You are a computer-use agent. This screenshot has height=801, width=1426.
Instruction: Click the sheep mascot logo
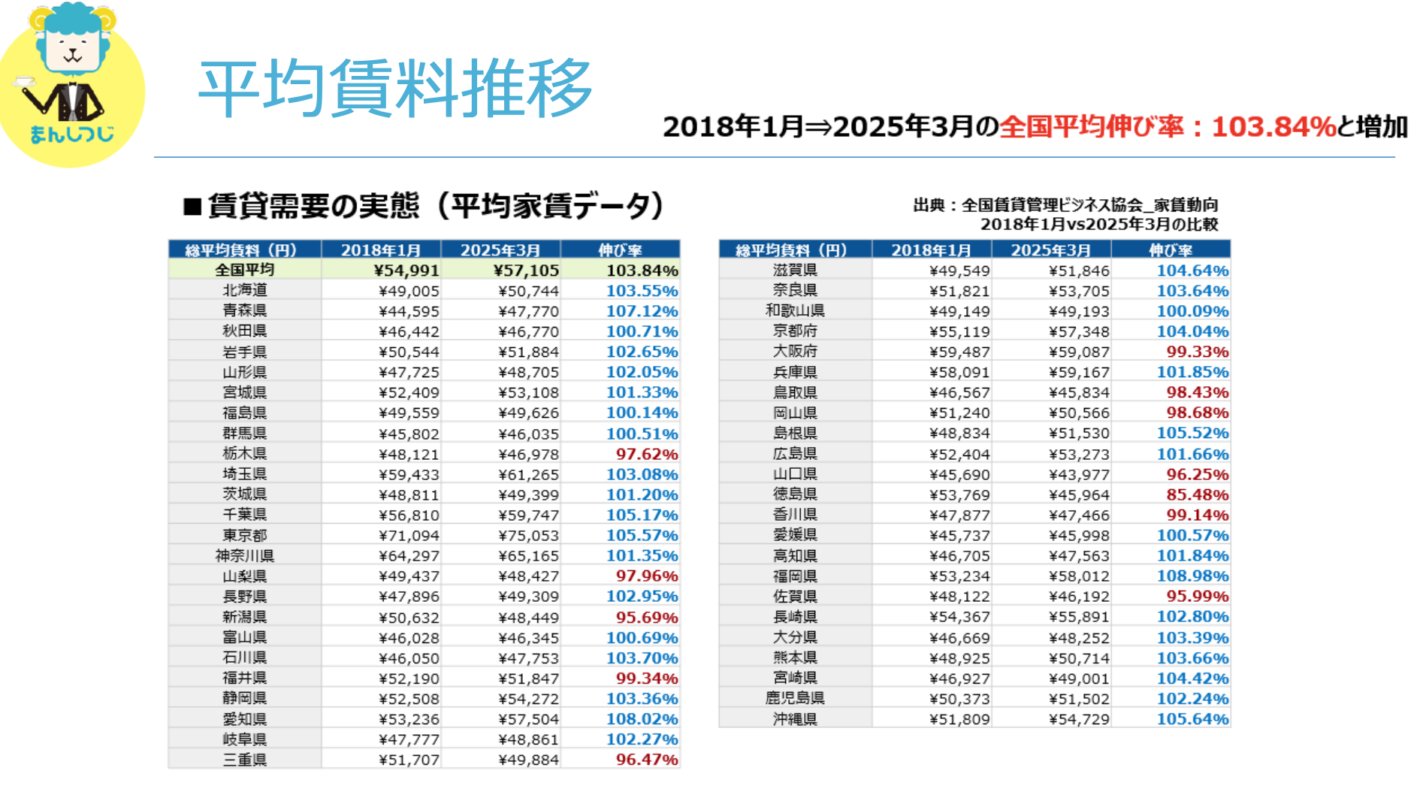pyautogui.click(x=71, y=83)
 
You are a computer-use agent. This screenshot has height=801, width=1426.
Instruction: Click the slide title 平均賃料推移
pyautogui.click(x=395, y=89)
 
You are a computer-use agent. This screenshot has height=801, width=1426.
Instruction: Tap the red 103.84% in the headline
pyautogui.click(x=1273, y=127)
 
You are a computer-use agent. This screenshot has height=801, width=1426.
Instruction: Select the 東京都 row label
pyautogui.click(x=245, y=535)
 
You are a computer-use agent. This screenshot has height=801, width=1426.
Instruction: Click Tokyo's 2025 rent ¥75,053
pyautogui.click(x=529, y=535)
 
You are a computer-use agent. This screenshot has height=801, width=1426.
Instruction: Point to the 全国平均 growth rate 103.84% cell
pyautogui.click(x=642, y=271)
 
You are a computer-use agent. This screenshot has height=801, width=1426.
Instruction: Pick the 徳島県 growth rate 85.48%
pyautogui.click(x=1197, y=494)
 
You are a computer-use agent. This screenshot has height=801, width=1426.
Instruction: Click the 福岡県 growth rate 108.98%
pyautogui.click(x=1192, y=576)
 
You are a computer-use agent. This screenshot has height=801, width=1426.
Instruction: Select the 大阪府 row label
pyautogui.click(x=795, y=352)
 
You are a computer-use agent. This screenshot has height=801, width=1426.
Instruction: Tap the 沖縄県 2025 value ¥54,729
pyautogui.click(x=1079, y=719)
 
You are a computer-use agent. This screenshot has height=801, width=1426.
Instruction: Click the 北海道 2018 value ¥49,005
pyautogui.click(x=409, y=291)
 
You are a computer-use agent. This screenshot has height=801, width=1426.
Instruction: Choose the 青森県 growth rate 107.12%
pyautogui.click(x=642, y=311)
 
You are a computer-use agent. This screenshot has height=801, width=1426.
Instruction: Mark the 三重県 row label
pyautogui.click(x=245, y=760)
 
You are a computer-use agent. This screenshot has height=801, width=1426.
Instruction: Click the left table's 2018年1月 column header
pyautogui.click(x=381, y=250)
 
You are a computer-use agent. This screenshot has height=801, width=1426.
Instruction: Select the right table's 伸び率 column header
pyautogui.click(x=1171, y=250)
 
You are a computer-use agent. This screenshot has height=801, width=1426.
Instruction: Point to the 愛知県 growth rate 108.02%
pyautogui.click(x=642, y=719)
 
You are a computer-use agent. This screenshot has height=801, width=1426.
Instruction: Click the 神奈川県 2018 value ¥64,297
pyautogui.click(x=409, y=556)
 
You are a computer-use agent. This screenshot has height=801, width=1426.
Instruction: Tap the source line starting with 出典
pyautogui.click(x=1065, y=205)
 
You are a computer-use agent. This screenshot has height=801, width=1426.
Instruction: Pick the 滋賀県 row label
pyautogui.click(x=795, y=271)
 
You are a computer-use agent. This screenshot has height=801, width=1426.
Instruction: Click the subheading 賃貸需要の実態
pyautogui.click(x=313, y=206)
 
